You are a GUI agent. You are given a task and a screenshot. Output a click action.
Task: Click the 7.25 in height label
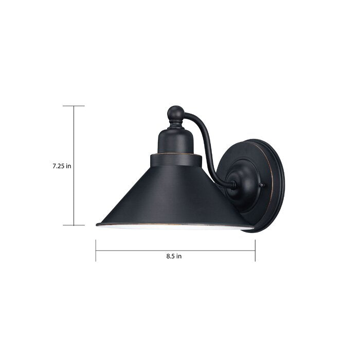tap(61, 166)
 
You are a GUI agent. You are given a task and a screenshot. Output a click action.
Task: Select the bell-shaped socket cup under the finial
tap(175, 140)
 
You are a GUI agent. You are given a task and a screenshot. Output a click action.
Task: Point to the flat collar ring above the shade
tap(175, 159)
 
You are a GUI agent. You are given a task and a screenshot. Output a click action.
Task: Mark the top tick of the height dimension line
tap(74, 106)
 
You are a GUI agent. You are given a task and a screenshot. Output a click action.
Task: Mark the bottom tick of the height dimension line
tap(74, 225)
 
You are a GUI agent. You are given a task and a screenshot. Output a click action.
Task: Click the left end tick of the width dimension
tap(96, 250)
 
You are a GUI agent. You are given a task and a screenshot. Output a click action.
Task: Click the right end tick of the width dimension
tap(255, 250)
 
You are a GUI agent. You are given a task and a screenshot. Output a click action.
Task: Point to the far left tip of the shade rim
tap(97, 224)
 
